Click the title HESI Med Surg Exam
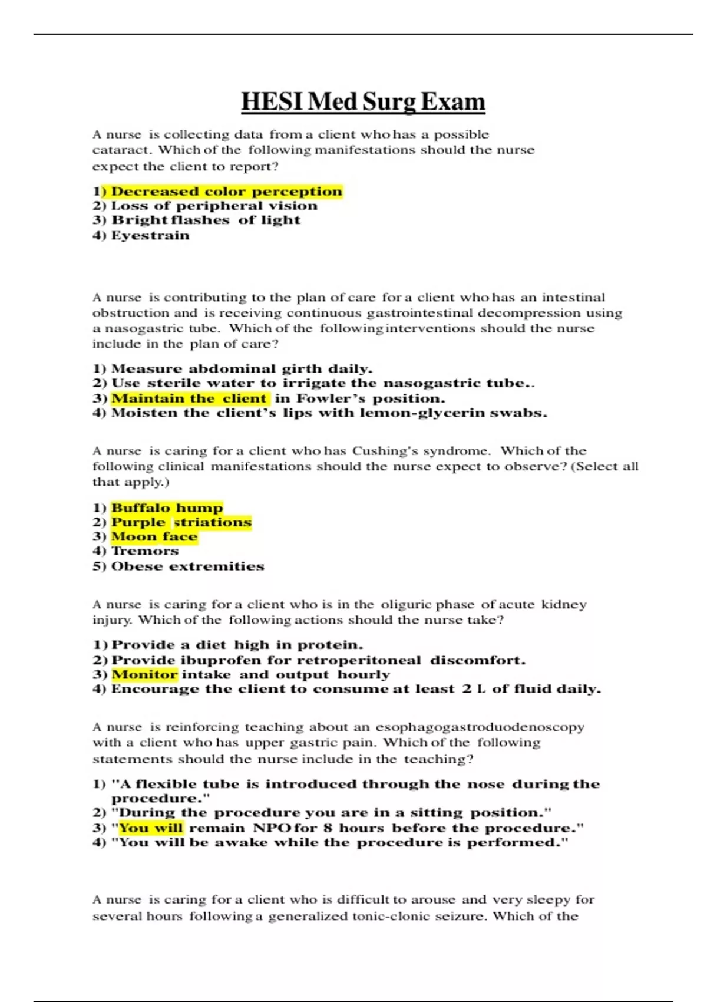[363, 102]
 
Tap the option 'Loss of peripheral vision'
[214, 206]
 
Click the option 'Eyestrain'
[150, 236]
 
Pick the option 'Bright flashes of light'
[206, 220]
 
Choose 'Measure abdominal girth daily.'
[242, 369]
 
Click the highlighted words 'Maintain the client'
[189, 398]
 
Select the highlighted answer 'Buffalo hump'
[167, 508]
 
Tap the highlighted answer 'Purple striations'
[181, 522]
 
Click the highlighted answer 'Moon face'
[154, 537]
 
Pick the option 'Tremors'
[145, 551]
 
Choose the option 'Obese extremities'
[187, 566]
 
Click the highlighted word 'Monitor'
[144, 674]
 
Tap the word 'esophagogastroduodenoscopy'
[480, 727]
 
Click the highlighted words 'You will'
[151, 828]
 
